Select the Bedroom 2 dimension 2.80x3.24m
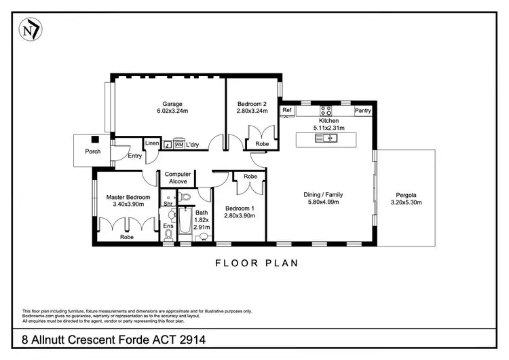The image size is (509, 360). pos(252,111)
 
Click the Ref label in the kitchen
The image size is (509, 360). pos(286,110)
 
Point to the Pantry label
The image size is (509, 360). pos(363,110)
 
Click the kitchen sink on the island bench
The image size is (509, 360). pos(331,138)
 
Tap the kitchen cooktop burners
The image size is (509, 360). pos(326,111)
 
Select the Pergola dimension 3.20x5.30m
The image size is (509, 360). pos(409,202)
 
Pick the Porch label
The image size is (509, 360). pos(92,151)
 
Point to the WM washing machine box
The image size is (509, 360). pos(178,145)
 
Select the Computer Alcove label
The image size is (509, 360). pos(178,178)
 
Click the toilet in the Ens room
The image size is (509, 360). pos(168,234)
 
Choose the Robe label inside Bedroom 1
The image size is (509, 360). pos(250,176)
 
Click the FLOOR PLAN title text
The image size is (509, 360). pos(257,262)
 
